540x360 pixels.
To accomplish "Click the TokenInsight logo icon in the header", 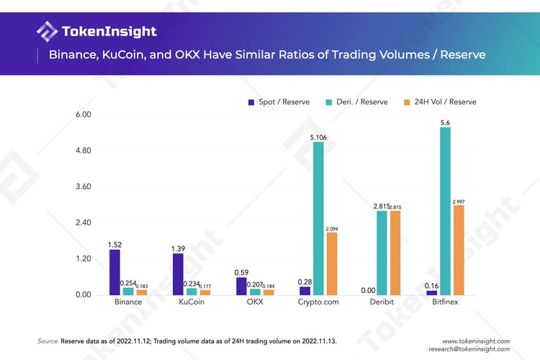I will (48, 32).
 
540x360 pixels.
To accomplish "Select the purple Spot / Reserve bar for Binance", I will (114, 272).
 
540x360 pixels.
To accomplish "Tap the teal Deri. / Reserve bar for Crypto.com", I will (318, 218).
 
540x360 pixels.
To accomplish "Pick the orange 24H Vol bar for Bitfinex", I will (458, 250).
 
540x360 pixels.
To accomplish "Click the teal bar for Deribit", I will (382, 253).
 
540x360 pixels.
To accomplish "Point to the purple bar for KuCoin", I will (178, 274).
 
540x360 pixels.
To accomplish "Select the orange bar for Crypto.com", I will (331, 264).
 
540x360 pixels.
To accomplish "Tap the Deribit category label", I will (382, 302).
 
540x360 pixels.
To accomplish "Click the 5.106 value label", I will (318, 137).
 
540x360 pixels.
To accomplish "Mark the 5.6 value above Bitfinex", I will (445, 122).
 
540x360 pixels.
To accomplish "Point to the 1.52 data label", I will (114, 244).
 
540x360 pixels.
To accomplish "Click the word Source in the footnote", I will (48, 341).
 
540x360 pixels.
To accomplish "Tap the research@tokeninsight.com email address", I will (469, 350).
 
